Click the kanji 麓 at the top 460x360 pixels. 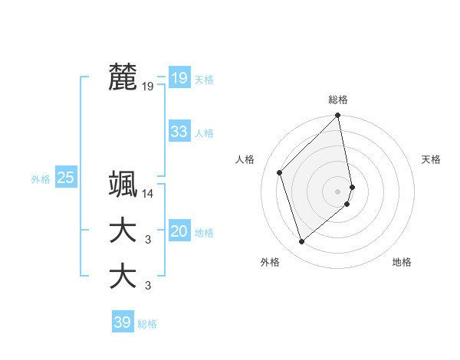pyautogui.click(x=123, y=77)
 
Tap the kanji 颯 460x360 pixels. pyautogui.click(x=123, y=185)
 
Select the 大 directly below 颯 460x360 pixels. pyautogui.click(x=123, y=231)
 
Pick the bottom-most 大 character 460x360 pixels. pyautogui.click(x=123, y=276)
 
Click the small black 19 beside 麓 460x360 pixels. pyautogui.click(x=148, y=87)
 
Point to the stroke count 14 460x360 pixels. pyautogui.click(x=148, y=195)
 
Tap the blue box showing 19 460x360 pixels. pyautogui.click(x=179, y=78)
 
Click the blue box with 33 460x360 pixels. pyautogui.click(x=179, y=132)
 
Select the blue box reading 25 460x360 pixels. pyautogui.click(x=66, y=178)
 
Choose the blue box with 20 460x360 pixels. pyautogui.click(x=179, y=232)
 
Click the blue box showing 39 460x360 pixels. pyautogui.click(x=122, y=322)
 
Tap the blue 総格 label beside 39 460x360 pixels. pyautogui.click(x=147, y=324)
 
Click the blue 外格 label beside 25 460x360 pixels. pyautogui.click(x=41, y=179)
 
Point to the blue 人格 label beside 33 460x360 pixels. pyautogui.click(x=204, y=133)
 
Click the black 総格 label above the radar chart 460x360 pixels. pyautogui.click(x=338, y=100)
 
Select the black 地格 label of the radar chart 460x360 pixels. pyautogui.click(x=402, y=262)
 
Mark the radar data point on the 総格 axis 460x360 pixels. pyautogui.click(x=338, y=116)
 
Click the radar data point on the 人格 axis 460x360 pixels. pyautogui.click(x=280, y=172)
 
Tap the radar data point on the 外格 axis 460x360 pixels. pyautogui.click(x=302, y=242)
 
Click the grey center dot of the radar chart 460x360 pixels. pyautogui.click(x=338, y=191)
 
